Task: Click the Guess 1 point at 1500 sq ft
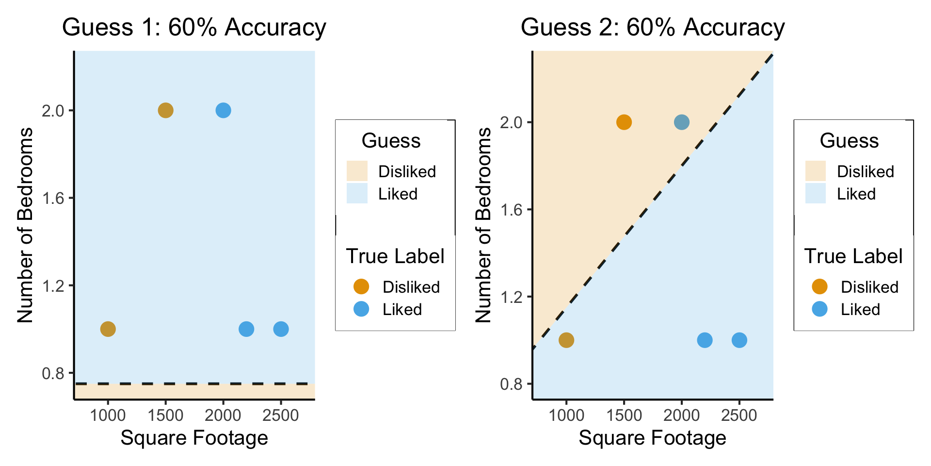[165, 111]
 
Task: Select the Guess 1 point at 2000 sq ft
[223, 111]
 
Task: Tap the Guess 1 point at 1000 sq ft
[108, 329]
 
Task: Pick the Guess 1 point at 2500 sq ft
[281, 329]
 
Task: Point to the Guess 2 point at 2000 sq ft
[681, 122]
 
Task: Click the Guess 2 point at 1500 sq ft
[624, 122]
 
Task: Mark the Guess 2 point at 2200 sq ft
[705, 340]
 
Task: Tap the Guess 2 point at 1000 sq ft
[566, 340]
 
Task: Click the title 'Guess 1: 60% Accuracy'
[194, 27]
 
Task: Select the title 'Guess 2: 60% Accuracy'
[653, 27]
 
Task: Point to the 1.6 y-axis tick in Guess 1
[53, 198]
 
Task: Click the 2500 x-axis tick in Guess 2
[739, 416]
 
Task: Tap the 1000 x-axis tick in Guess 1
[108, 416]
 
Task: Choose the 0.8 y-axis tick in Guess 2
[512, 384]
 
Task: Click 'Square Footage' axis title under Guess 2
[653, 438]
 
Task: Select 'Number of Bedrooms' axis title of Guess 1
[25, 225]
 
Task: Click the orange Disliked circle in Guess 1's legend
[361, 287]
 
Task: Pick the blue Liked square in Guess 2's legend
[815, 194]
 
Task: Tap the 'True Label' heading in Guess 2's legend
[853, 256]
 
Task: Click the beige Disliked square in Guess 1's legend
[357, 171]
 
